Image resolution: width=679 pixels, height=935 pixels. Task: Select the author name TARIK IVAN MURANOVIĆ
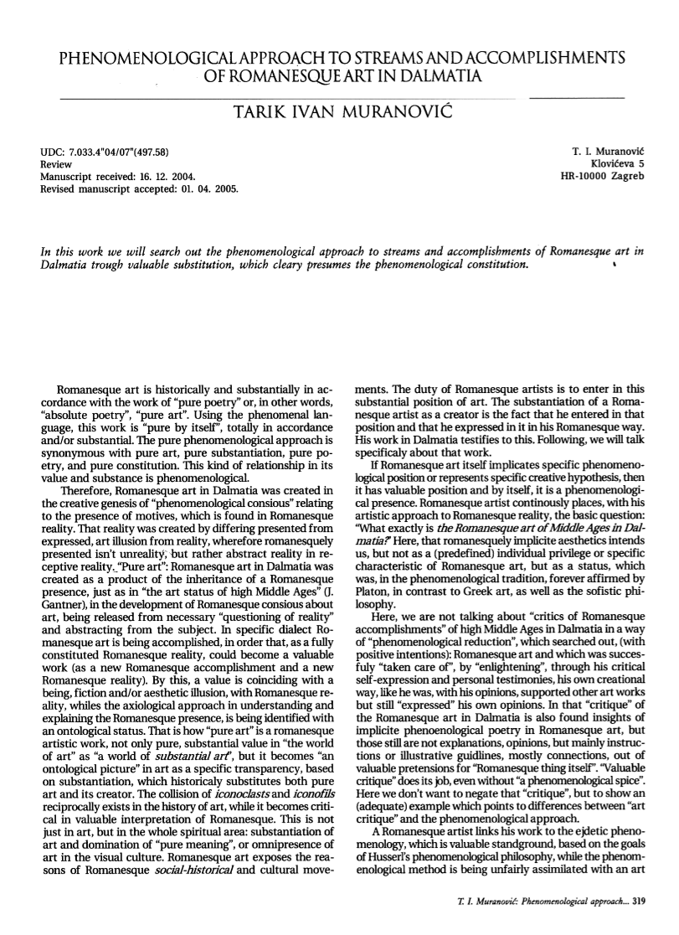click(x=339, y=111)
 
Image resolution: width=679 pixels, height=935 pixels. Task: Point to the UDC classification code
click(x=105, y=152)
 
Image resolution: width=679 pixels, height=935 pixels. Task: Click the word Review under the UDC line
click(x=55, y=165)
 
